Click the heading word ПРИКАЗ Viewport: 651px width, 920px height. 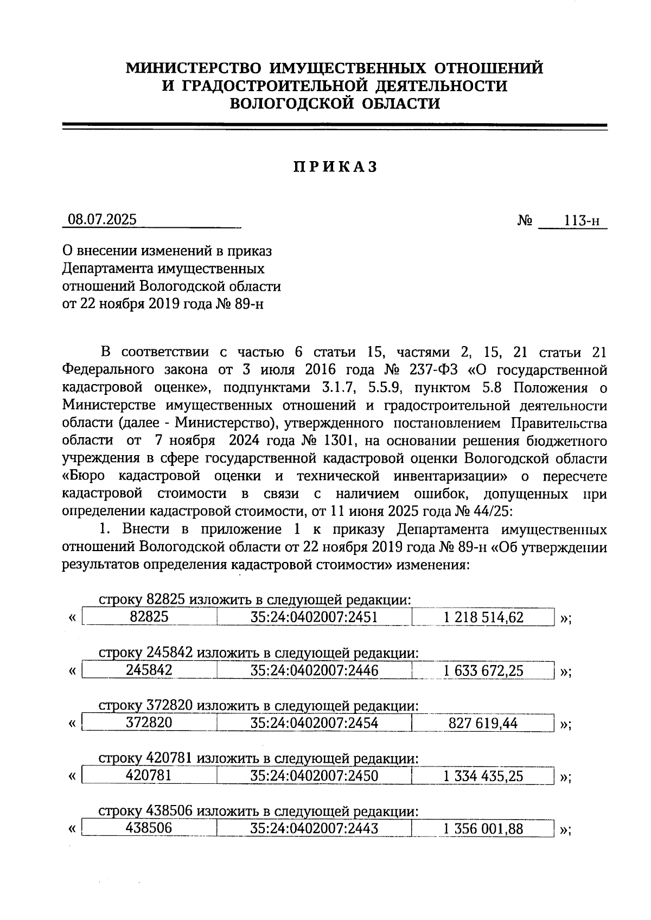(335, 168)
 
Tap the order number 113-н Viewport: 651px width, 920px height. (582, 221)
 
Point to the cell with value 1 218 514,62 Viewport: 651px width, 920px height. (483, 617)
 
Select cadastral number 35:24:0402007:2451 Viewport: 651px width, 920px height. (314, 617)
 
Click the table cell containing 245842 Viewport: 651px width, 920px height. (149, 670)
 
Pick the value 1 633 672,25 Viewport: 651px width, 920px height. (483, 671)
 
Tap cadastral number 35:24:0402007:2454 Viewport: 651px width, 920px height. (314, 723)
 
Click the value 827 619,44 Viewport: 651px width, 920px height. (483, 724)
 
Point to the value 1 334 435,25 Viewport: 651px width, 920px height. (483, 777)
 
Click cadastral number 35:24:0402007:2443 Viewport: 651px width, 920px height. (314, 828)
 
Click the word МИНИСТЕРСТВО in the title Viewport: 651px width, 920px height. (194, 68)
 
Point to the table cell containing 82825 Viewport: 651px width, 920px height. (149, 617)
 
